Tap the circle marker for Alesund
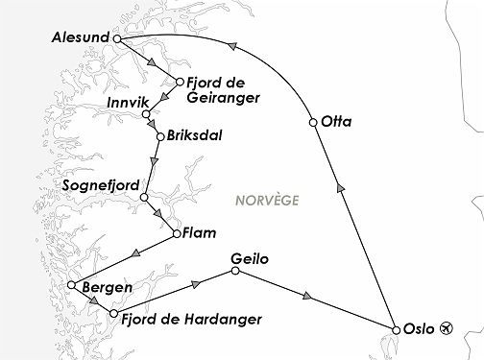116,39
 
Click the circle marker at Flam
176,231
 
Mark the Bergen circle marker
72,285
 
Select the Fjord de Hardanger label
192,318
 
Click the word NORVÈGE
266,201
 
